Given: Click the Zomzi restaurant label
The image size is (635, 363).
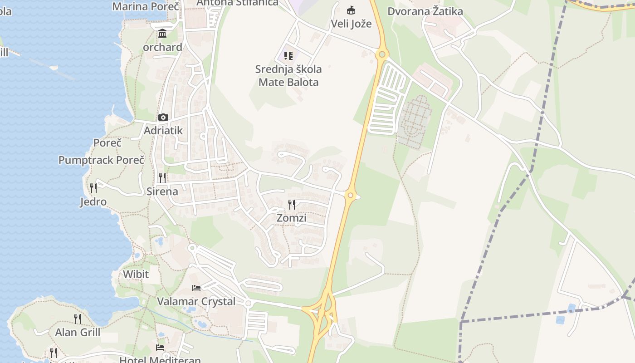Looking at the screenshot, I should tap(291, 218).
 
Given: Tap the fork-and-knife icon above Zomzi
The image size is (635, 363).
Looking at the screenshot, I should tap(291, 205).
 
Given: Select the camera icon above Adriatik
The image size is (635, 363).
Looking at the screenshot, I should tap(163, 118).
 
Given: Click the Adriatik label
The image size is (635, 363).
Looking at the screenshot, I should tap(163, 131).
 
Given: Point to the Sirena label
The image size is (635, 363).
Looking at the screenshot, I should tap(162, 191).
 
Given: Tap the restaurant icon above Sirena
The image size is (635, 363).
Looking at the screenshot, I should tap(162, 177).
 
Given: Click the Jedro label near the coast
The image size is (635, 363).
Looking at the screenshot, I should tap(93, 202).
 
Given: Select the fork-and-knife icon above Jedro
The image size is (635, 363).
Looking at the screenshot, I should tap(93, 188).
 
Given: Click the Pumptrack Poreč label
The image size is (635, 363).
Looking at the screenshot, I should tap(101, 160).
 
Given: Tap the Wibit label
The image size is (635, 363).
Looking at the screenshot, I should tap(136, 275).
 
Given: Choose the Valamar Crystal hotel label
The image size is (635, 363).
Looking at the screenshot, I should tap(196, 302).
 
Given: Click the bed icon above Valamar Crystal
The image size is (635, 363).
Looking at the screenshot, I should tap(196, 288).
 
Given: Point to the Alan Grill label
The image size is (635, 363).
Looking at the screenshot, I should tap(78, 333).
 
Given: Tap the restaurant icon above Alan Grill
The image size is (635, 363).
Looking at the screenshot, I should tap(78, 319).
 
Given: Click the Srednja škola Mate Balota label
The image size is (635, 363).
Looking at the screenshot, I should tap(288, 76).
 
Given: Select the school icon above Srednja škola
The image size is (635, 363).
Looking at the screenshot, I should tap(288, 56).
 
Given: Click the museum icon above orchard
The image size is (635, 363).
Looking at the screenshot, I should tap(162, 34).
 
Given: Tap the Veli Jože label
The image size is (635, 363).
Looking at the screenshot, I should tap(351, 24).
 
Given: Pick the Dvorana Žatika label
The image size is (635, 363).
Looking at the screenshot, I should tap(425, 11).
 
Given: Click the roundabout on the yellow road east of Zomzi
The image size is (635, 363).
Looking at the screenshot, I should tap(350, 196).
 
